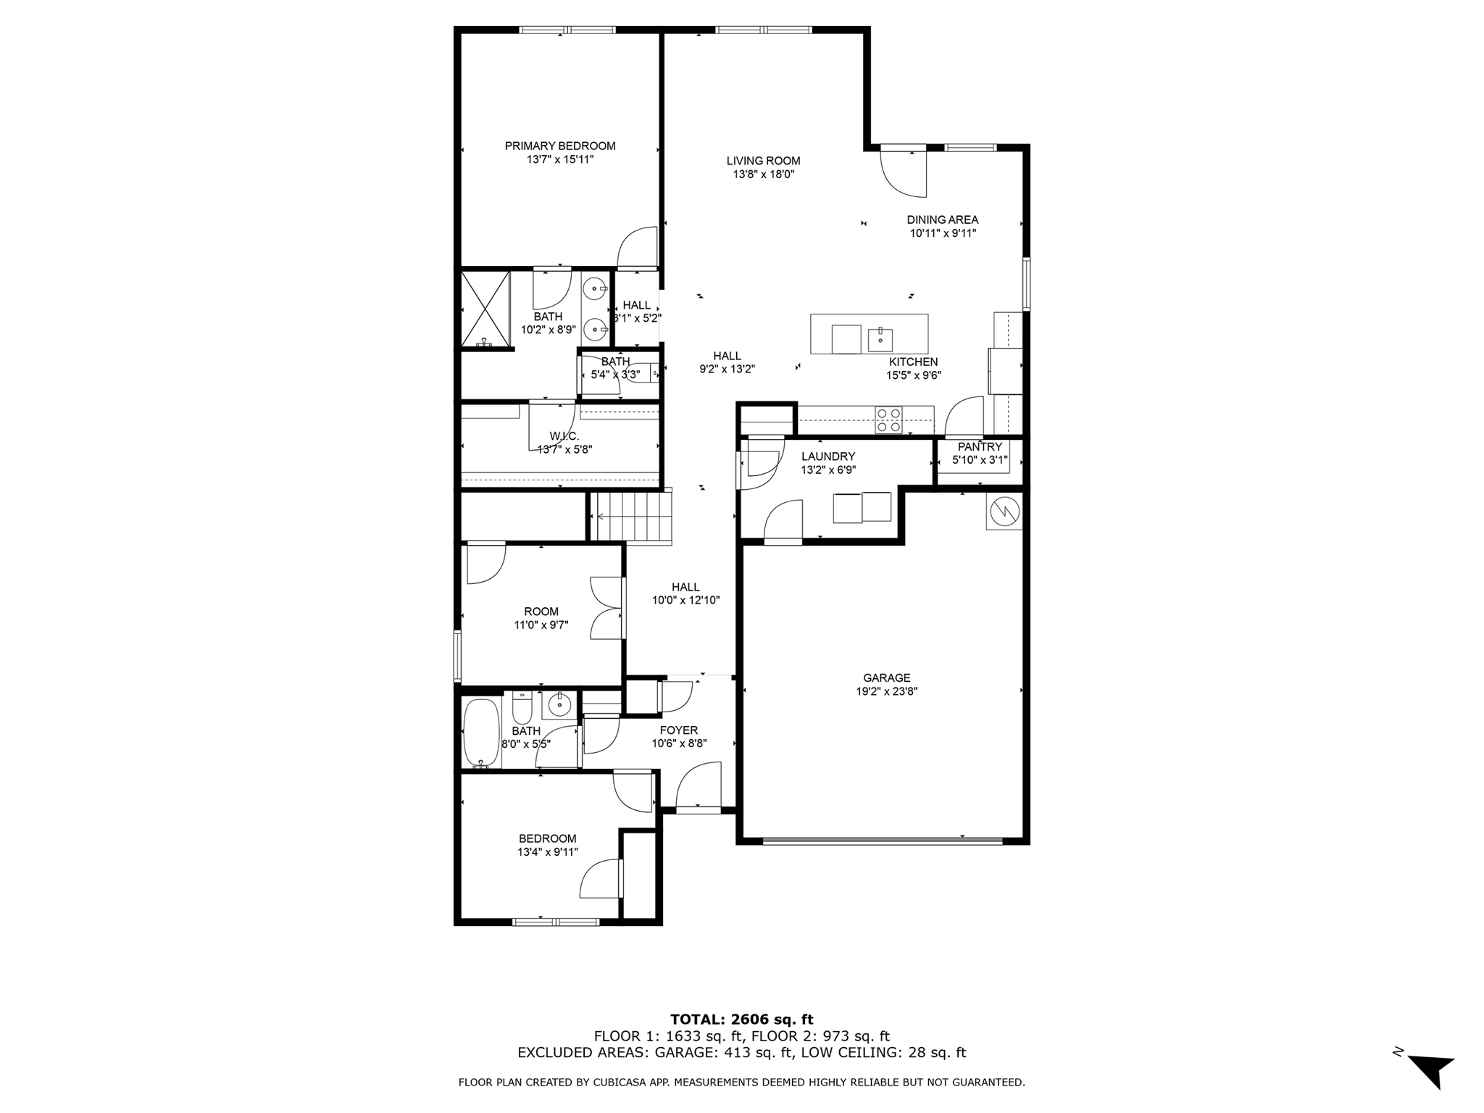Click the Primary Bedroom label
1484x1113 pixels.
tap(560, 146)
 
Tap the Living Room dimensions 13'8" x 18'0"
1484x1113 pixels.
tap(764, 174)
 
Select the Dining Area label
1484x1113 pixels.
tap(943, 220)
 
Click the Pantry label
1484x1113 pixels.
tap(980, 447)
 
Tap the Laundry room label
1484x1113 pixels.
tap(828, 457)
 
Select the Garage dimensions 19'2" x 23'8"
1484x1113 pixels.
tap(887, 691)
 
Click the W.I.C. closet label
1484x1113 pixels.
tap(564, 435)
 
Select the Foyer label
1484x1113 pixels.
tap(679, 730)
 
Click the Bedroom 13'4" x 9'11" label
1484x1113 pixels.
tap(548, 838)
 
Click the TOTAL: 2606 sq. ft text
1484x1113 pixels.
tap(742, 1020)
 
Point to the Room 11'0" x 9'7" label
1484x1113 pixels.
tap(541, 612)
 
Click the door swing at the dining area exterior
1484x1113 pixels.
tap(905, 175)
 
